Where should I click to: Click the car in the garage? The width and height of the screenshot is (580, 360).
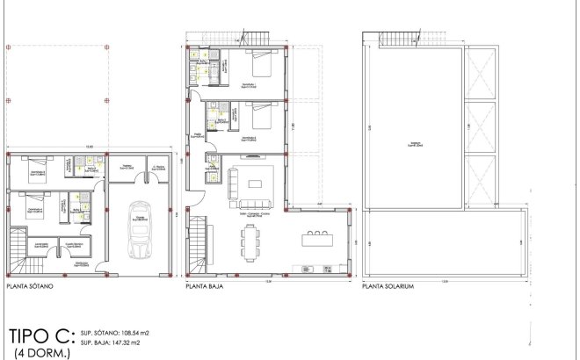[x=139, y=231]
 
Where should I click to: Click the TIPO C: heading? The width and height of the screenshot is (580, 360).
[x=36, y=336]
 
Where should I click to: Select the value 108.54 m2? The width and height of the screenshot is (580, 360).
[x=129, y=334]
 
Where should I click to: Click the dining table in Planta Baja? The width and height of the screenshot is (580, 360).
[x=252, y=241]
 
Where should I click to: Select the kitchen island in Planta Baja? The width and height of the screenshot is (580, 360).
[x=318, y=238]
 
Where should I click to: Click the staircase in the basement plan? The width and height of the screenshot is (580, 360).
[x=18, y=248]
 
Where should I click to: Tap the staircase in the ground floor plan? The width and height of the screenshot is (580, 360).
[x=200, y=242]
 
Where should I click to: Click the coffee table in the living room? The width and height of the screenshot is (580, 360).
[x=255, y=184]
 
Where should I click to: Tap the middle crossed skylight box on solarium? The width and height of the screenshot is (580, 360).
[x=481, y=126]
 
